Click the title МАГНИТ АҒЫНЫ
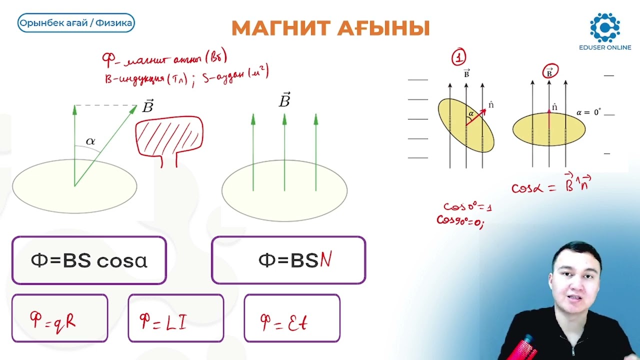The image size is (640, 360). (330, 28)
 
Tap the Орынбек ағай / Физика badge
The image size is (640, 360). (76, 23)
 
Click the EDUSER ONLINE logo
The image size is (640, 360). (604, 31)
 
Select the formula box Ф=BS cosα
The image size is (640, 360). (89, 260)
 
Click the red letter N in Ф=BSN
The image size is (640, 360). (325, 260)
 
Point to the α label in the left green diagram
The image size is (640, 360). (90, 141)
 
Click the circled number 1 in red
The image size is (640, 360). (458, 57)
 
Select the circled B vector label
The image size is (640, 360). (549, 72)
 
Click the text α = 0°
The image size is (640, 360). (588, 112)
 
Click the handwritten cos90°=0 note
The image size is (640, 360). (460, 220)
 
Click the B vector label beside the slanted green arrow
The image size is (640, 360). (147, 106)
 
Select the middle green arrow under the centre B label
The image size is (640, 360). (284, 152)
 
